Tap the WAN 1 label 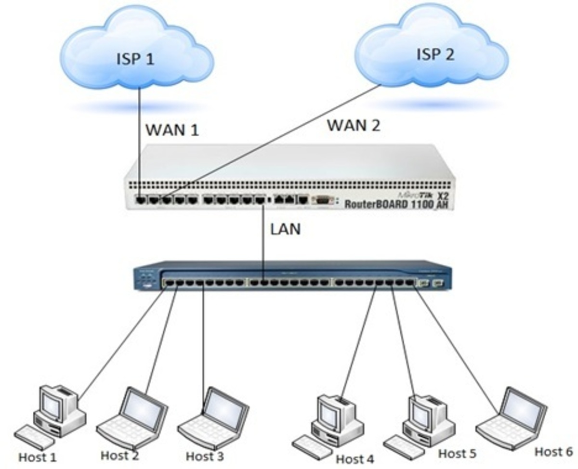click(x=172, y=130)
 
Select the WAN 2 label click(x=354, y=125)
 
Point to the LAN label click(x=285, y=229)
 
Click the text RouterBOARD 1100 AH click(x=397, y=204)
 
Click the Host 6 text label click(x=554, y=452)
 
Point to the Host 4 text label click(x=355, y=459)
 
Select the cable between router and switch click(x=263, y=241)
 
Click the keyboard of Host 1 click(x=34, y=437)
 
